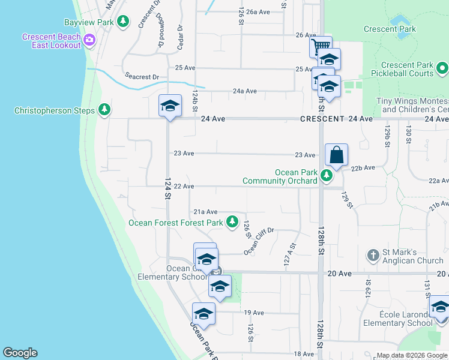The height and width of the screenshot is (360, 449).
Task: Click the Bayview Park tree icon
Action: click(123, 22)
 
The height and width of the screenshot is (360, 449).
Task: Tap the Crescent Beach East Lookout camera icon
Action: click(90, 41)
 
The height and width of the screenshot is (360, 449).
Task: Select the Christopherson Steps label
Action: click(55, 110)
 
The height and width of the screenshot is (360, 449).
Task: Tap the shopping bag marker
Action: click(337, 155)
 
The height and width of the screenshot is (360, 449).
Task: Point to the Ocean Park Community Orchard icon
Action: click(327, 176)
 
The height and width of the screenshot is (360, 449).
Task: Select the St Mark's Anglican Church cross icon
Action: click(373, 255)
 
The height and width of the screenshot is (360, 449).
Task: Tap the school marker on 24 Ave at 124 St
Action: click(170, 107)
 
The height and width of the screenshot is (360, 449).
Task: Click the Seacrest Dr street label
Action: click(142, 77)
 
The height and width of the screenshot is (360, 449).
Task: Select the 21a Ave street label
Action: click(205, 212)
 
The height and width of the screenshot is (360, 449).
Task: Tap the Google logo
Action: click(20, 353)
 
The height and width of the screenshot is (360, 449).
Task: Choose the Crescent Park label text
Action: click(390, 28)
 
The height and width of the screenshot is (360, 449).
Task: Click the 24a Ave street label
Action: click(244, 91)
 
